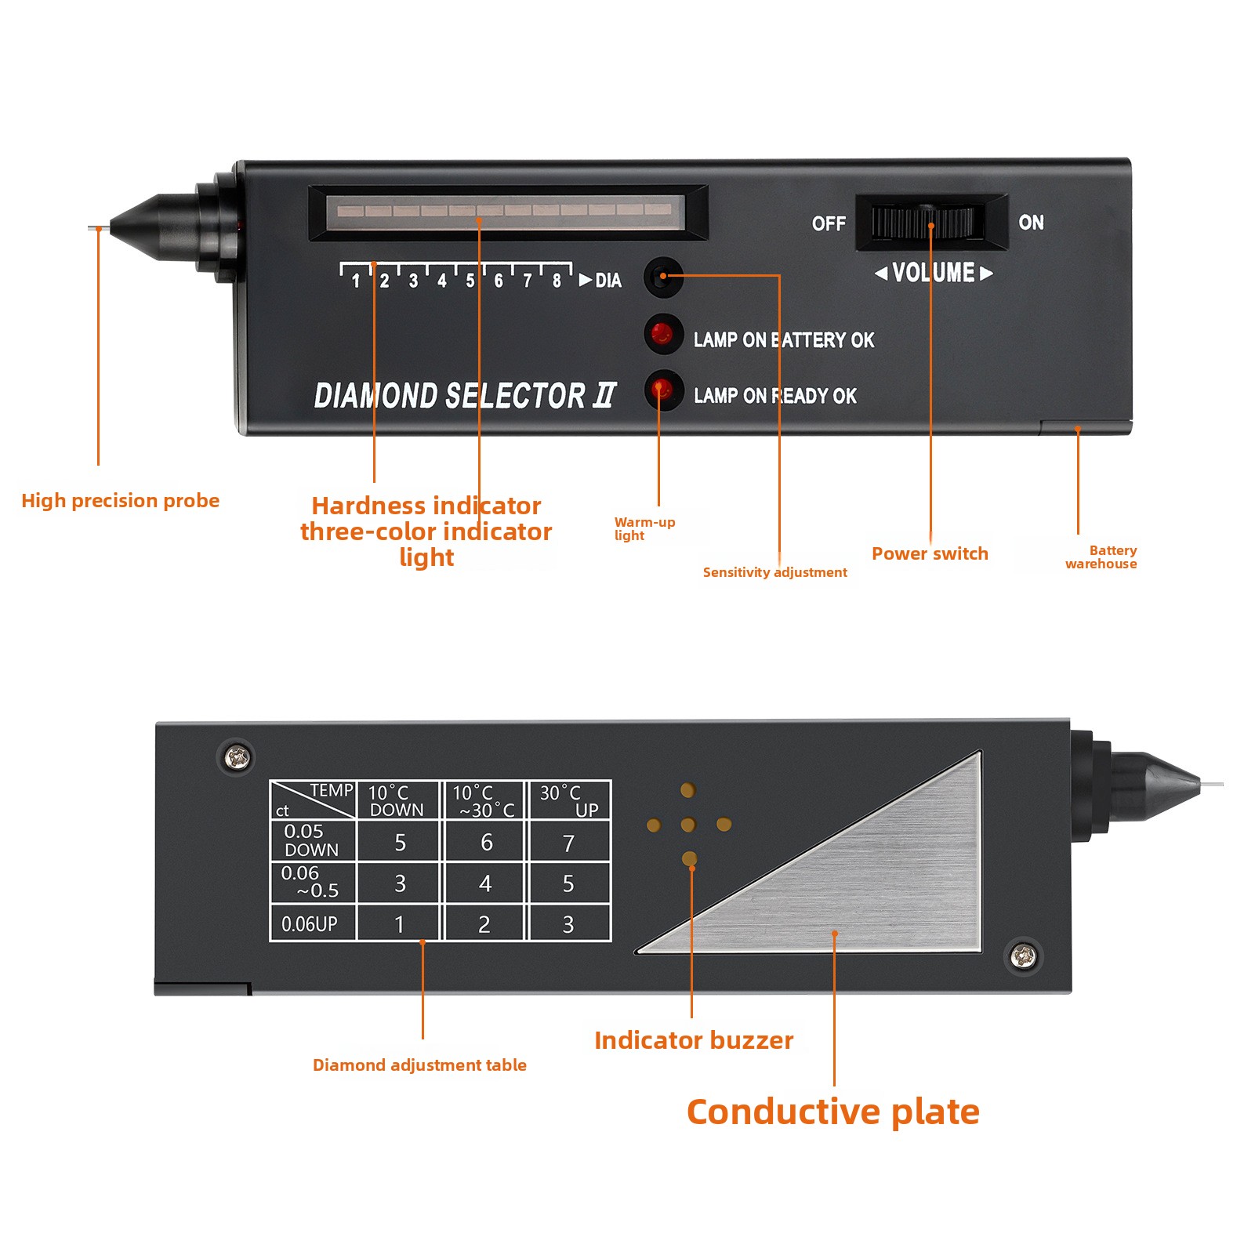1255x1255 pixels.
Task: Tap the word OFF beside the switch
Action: coord(829,223)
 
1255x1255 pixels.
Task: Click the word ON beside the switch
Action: coord(1031,223)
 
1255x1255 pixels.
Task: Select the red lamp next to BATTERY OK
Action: coord(662,334)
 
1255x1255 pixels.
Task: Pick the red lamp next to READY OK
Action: coord(662,389)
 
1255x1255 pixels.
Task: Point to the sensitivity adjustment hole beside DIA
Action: coord(662,276)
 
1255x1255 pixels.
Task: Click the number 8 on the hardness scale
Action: coord(557,281)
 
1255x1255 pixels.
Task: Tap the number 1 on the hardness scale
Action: coord(356,281)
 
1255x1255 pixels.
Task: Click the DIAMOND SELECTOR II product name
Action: coord(465,396)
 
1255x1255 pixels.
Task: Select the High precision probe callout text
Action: coord(121,501)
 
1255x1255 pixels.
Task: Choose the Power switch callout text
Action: coord(930,553)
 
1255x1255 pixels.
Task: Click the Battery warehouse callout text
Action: coord(1101,557)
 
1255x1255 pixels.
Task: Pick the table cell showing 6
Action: coord(486,842)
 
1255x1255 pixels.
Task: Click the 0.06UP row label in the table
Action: coord(310,924)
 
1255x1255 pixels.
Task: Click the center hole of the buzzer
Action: coord(688,825)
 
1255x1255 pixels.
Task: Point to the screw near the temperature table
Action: coord(237,757)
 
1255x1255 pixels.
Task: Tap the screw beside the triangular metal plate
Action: coord(1024,956)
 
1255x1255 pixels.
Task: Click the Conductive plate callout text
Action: coord(833,1112)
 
